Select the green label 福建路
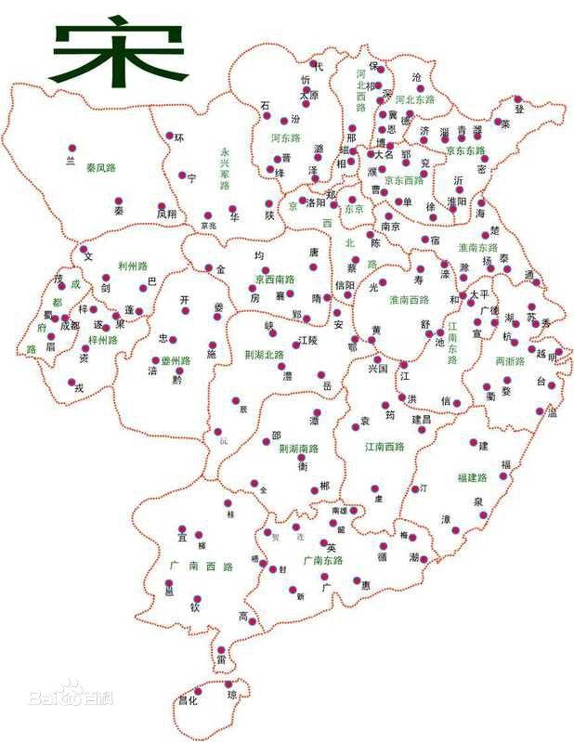pyautogui.click(x=474, y=477)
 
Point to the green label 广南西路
pyautogui.click(x=199, y=566)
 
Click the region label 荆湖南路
pyautogui.click(x=298, y=449)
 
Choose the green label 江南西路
pyautogui.click(x=385, y=447)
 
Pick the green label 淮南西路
pyautogui.click(x=410, y=299)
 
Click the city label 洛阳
pyautogui.click(x=315, y=202)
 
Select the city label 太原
pyautogui.click(x=309, y=95)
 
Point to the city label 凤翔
pyautogui.click(x=166, y=213)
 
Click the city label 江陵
pyautogui.click(x=307, y=342)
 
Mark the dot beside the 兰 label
pyautogui.click(x=72, y=149)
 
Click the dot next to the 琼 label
pyautogui.click(x=229, y=684)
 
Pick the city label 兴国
pyautogui.click(x=377, y=369)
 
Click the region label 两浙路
pyautogui.click(x=510, y=359)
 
